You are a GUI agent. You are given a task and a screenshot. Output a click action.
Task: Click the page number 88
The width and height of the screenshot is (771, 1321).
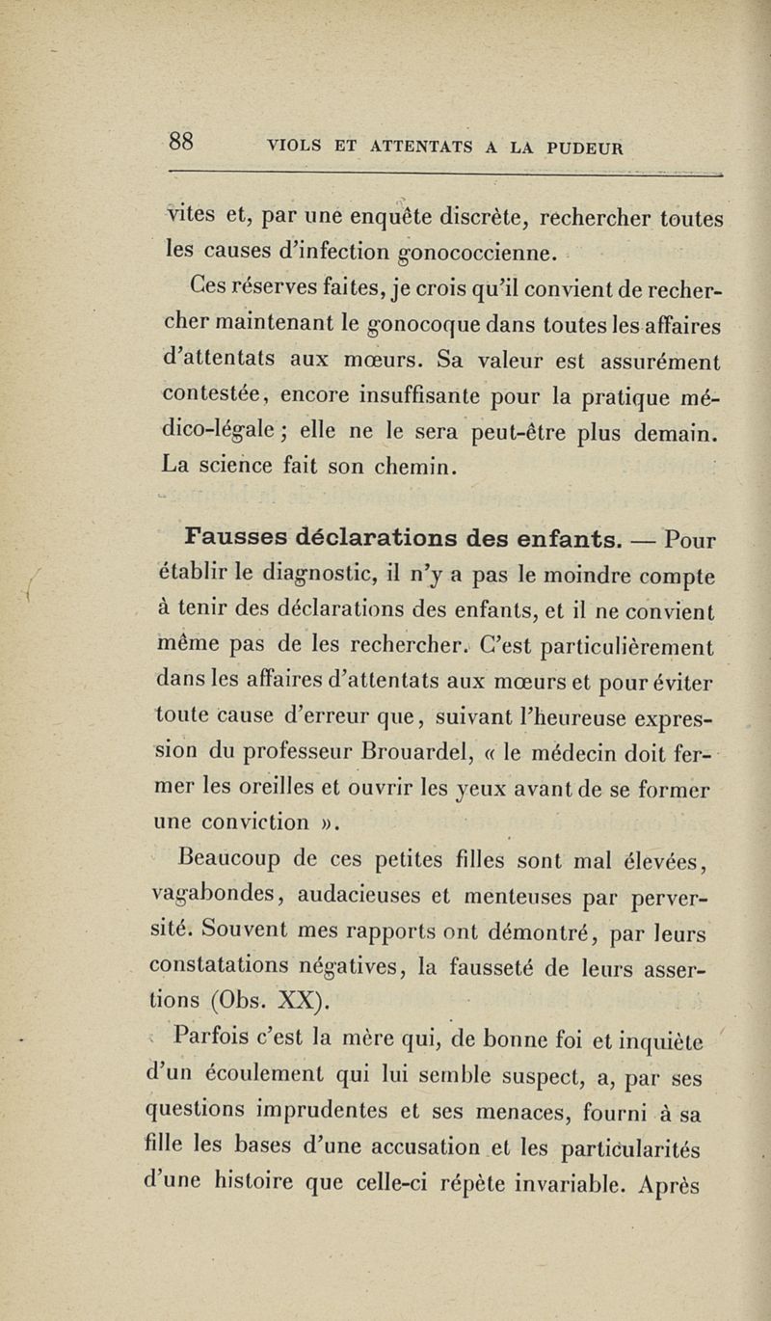(182, 142)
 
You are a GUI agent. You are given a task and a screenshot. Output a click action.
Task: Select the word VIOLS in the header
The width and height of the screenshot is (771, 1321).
(299, 147)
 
